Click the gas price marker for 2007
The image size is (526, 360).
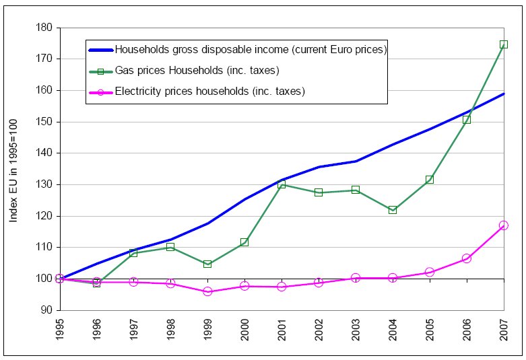point(503,44)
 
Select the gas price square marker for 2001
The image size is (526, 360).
point(282,184)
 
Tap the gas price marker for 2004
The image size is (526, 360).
point(393,210)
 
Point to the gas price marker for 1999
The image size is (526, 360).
point(207,264)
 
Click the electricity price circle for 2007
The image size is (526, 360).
point(503,225)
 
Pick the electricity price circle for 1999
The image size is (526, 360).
point(207,291)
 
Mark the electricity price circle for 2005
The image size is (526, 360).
point(430,273)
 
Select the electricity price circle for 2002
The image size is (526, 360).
point(319,283)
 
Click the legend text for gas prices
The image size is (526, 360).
point(197,70)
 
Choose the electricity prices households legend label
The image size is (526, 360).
point(210,91)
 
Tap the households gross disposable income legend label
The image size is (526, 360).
point(250,49)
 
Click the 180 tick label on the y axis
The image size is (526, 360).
point(45,28)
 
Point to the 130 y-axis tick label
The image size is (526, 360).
point(45,184)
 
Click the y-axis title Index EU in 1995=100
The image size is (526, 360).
point(13,168)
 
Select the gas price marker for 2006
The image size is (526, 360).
point(466,120)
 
